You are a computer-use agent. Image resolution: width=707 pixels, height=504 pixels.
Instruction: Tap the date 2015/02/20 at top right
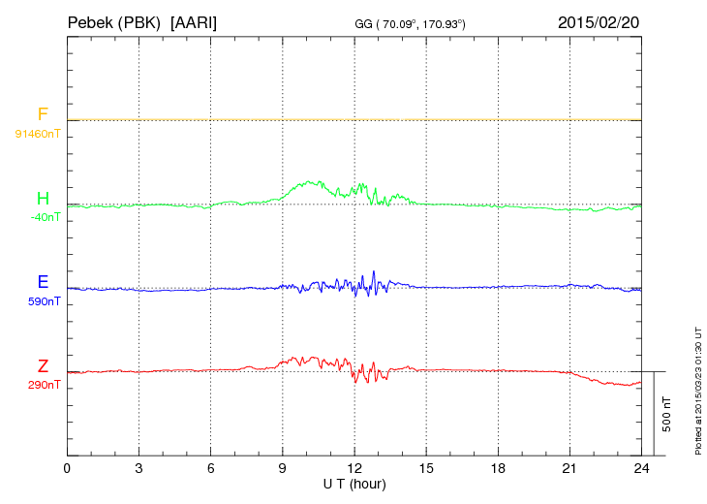tap(598, 21)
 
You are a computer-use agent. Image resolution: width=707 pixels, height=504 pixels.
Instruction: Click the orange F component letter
tap(43, 114)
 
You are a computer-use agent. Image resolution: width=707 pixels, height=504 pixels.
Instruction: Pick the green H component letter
tap(43, 199)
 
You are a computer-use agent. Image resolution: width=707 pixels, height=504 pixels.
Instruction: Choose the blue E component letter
tap(43, 283)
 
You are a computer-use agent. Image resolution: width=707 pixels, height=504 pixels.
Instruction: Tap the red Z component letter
tap(43, 366)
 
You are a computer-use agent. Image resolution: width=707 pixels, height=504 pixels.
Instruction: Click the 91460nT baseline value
tap(37, 133)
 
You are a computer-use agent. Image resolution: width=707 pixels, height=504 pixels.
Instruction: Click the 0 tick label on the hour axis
tap(67, 469)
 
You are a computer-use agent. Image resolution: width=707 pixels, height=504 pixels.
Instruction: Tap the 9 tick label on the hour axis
tap(283, 469)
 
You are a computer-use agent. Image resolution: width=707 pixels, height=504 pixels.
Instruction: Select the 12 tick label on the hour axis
tap(354, 469)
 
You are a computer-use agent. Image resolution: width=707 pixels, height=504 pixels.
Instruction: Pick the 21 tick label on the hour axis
tap(569, 469)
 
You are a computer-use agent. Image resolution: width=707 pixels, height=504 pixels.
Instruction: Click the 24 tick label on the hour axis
tap(641, 469)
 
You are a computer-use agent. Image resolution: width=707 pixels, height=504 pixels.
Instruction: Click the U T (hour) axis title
tap(354, 484)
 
